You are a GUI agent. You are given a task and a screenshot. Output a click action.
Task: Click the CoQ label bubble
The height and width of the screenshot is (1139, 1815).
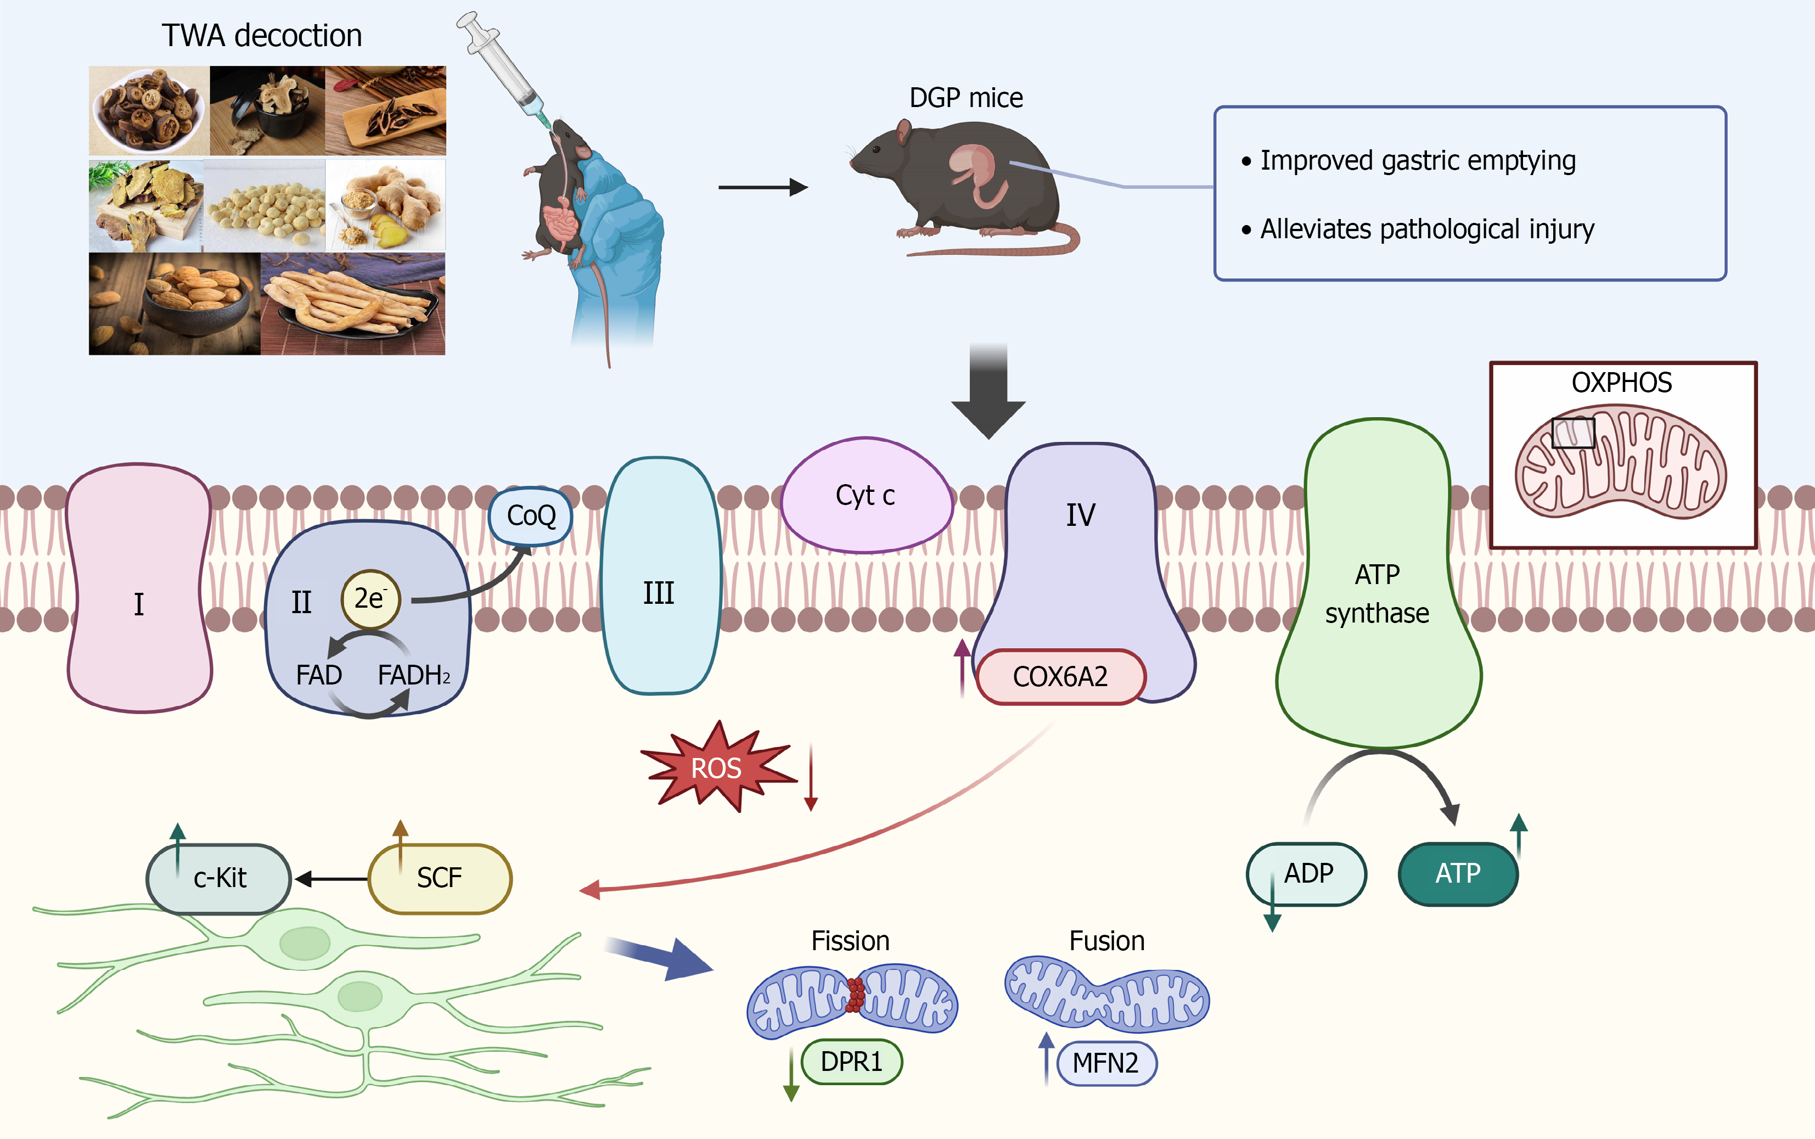tap(530, 516)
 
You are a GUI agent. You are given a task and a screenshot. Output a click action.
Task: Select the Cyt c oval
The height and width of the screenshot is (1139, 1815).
tap(867, 496)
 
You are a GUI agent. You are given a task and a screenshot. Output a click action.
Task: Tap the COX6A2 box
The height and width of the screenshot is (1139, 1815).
tap(1060, 676)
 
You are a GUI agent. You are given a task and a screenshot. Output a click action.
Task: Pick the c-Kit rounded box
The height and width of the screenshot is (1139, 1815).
tap(218, 878)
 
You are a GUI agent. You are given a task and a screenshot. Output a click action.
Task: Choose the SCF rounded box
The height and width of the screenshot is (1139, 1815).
tap(440, 878)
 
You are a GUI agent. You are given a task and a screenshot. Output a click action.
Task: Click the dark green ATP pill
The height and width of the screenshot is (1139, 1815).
tap(1458, 874)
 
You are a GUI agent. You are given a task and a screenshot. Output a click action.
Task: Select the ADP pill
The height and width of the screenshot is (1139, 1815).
tap(1307, 874)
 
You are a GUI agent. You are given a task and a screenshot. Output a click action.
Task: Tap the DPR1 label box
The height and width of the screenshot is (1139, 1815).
tap(852, 1062)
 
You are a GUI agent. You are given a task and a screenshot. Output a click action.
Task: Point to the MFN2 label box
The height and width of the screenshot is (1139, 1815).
tap(1106, 1063)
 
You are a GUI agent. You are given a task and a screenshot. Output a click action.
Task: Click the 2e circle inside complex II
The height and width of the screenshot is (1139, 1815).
tap(370, 599)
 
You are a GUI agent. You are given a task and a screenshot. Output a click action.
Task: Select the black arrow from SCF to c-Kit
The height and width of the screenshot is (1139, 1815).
tap(331, 878)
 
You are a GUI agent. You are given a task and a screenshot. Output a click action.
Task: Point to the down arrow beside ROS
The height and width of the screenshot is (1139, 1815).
tap(811, 777)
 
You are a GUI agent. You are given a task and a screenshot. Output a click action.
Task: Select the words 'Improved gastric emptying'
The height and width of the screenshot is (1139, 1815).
tap(1418, 160)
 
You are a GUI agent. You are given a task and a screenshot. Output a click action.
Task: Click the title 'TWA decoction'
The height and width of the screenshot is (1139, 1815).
tap(262, 36)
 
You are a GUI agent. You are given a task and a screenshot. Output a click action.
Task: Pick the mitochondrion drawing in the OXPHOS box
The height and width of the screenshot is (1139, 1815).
tap(1621, 461)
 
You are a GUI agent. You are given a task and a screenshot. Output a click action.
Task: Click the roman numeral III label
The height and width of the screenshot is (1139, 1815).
tap(658, 593)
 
